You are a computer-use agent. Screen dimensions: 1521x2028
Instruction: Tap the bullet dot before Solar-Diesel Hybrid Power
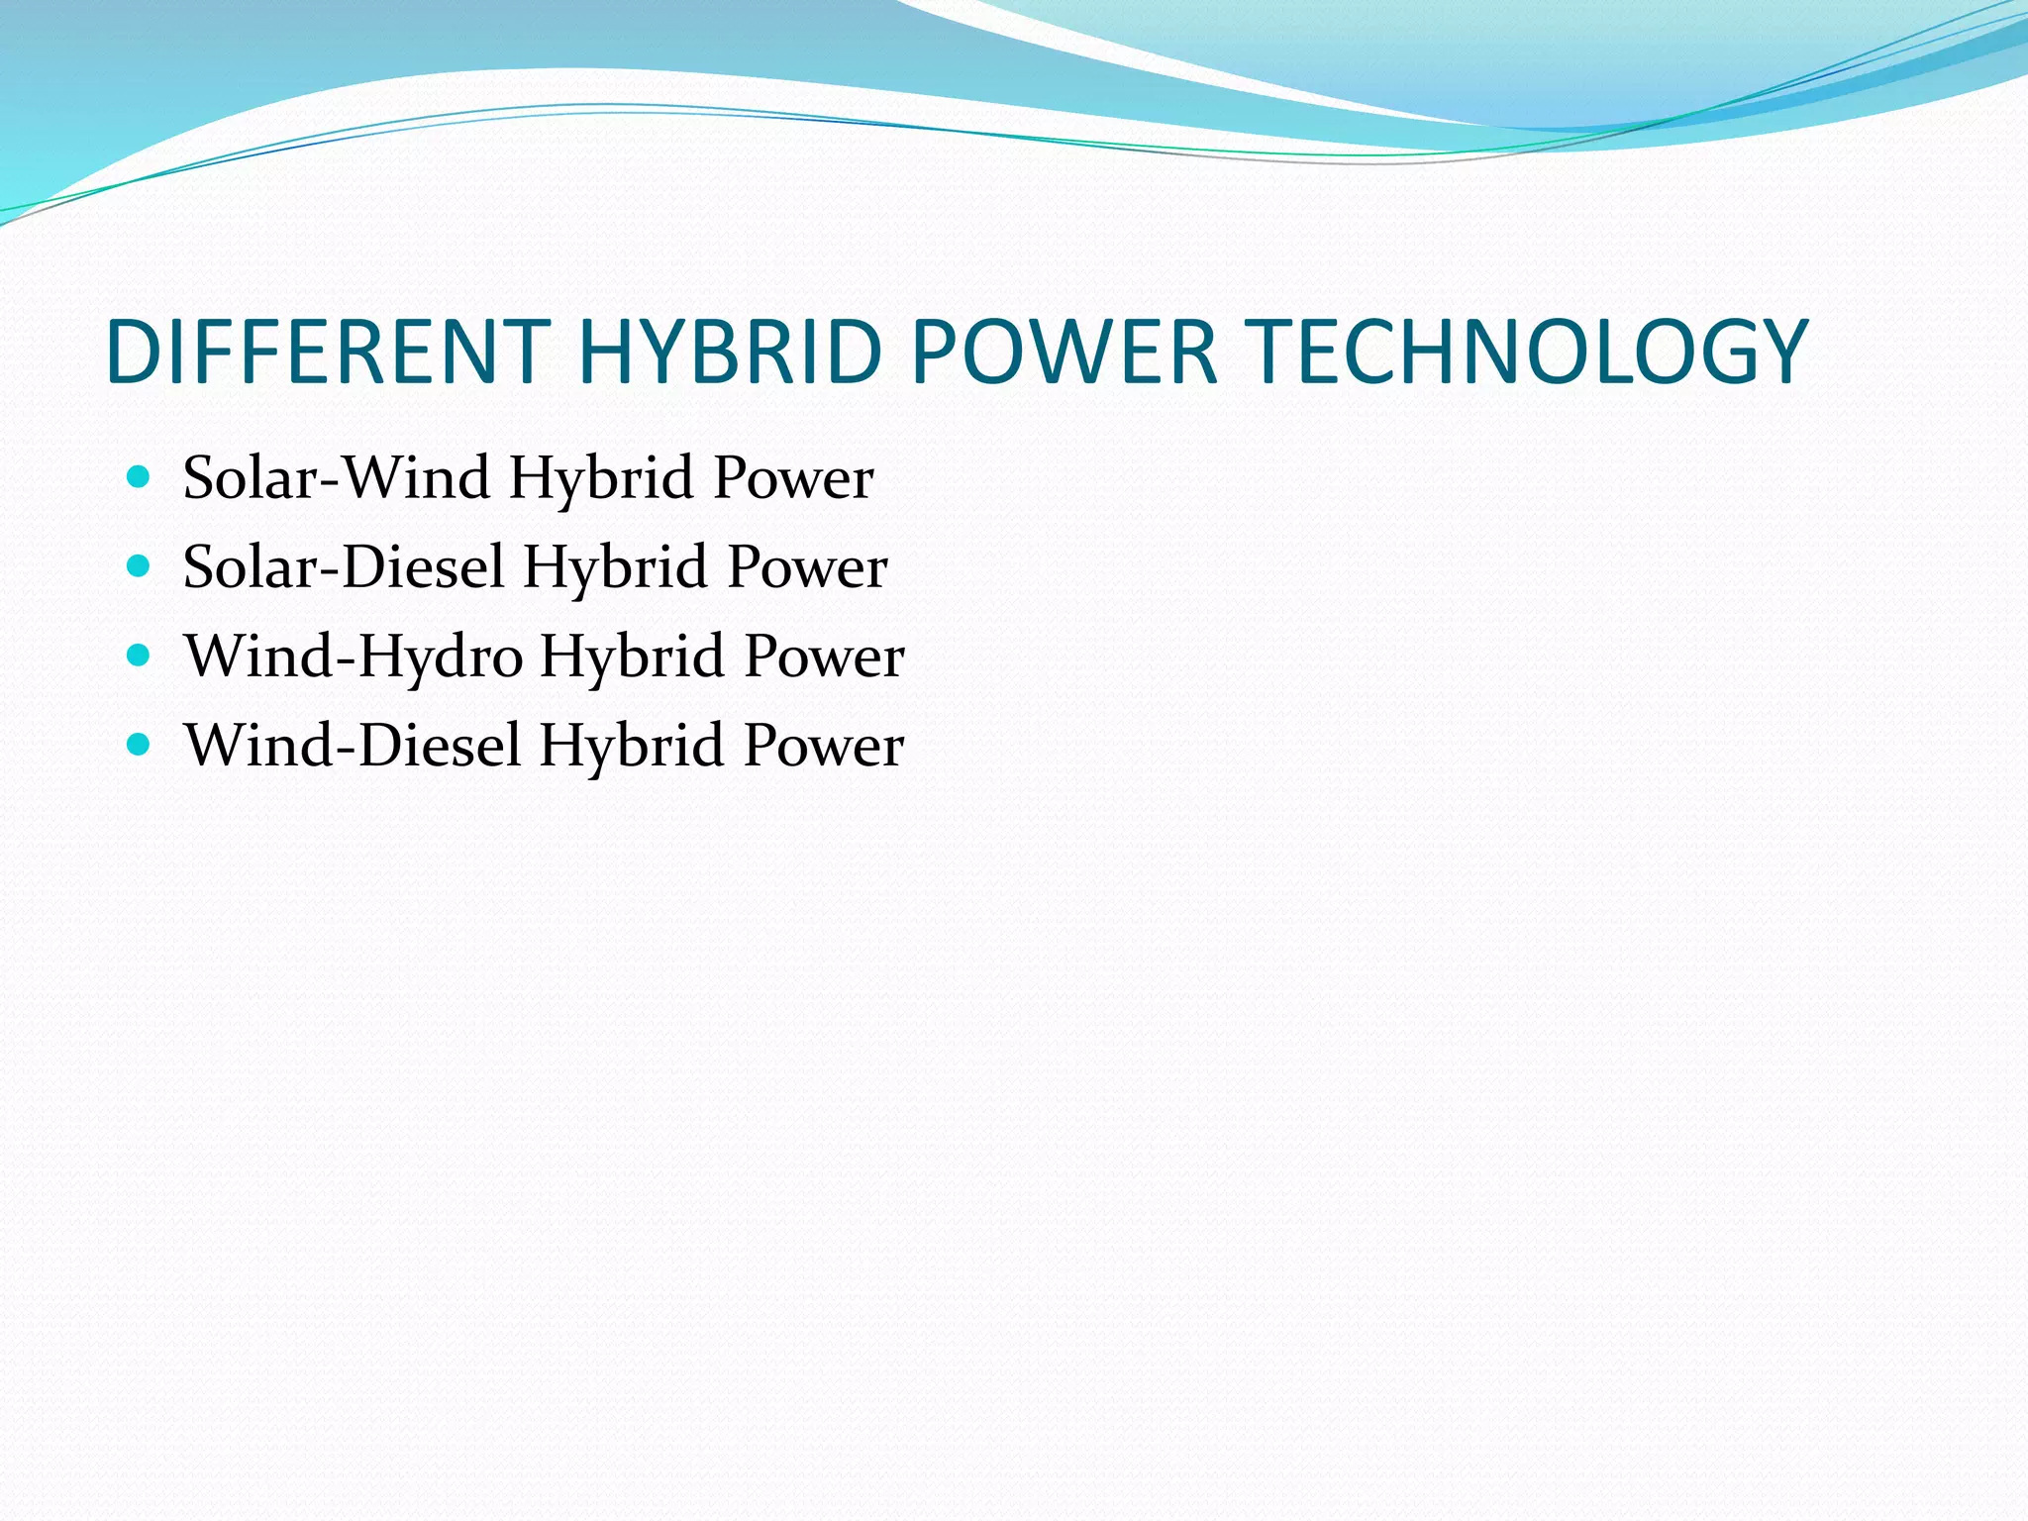[x=139, y=566]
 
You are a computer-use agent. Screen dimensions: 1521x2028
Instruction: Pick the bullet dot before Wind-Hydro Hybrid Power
[x=139, y=656]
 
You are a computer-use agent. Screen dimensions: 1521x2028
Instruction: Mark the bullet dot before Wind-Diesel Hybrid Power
[x=139, y=745]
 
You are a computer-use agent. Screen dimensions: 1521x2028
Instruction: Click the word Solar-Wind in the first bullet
[x=337, y=478]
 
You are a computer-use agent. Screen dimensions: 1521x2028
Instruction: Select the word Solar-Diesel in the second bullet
[x=344, y=567]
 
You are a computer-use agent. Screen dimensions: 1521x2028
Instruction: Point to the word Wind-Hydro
[x=354, y=657]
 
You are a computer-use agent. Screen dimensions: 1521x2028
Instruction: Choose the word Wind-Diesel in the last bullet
[x=353, y=746]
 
